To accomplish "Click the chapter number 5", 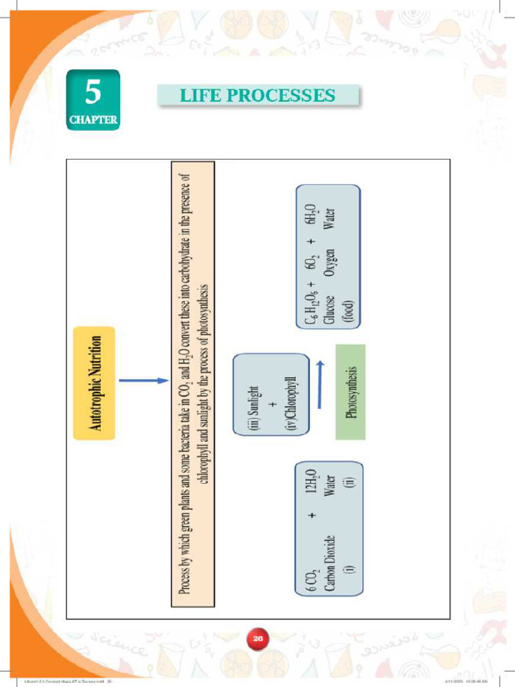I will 93,92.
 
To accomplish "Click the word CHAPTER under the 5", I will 93,121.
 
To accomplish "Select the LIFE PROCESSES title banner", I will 257,95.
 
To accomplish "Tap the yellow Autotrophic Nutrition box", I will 95,383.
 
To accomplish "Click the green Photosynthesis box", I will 350,392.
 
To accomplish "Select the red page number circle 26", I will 257,639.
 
